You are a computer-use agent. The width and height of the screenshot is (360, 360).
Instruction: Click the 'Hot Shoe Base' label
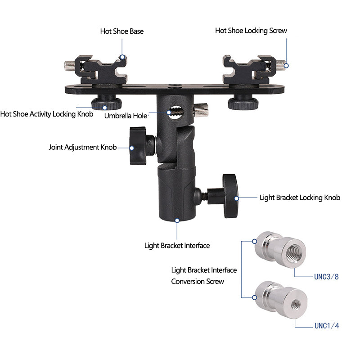(x=121, y=31)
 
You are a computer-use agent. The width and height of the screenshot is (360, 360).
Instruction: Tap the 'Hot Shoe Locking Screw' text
(x=251, y=31)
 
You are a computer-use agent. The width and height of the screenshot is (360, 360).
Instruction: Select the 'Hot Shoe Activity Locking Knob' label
(x=46, y=114)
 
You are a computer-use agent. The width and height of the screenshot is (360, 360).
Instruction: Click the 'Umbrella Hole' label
(x=126, y=116)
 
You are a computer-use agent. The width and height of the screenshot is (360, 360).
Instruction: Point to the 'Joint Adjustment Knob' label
(x=82, y=147)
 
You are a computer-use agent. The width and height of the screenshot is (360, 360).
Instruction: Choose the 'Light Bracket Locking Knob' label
(x=300, y=198)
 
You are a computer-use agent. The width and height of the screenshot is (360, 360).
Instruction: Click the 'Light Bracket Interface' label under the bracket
(x=177, y=245)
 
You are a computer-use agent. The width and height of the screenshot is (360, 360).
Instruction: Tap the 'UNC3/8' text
(x=326, y=277)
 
